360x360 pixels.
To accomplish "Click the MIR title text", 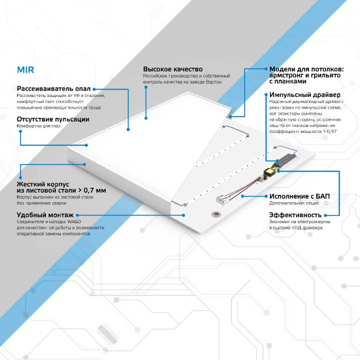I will pyautogui.click(x=25, y=71).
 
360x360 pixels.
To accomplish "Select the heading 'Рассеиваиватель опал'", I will pyautogui.click(x=53, y=88).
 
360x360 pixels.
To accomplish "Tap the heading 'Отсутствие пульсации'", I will pyautogui.click(x=53, y=119).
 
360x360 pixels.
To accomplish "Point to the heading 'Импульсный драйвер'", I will pyautogui.click(x=305, y=95).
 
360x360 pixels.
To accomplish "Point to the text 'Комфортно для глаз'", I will pyautogui.click(x=39, y=126).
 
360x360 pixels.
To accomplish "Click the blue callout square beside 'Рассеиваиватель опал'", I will pyautogui.click(x=95, y=88).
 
